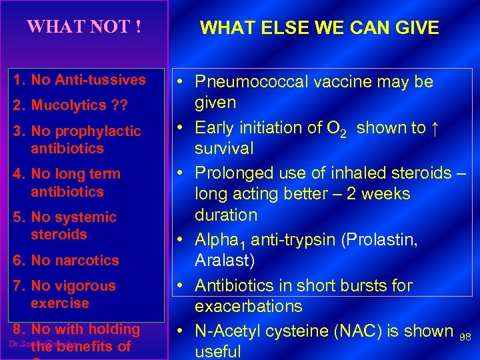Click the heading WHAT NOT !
84,27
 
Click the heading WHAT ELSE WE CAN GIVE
319,27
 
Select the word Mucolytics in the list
69,105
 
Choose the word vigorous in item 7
85,286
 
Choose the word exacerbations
248,307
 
